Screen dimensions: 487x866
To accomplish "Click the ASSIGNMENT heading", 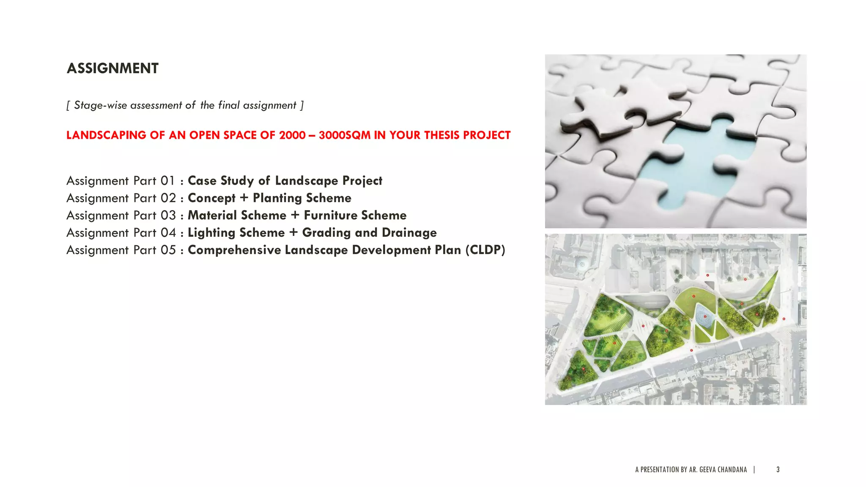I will tap(112, 68).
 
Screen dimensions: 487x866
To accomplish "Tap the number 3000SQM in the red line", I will tap(344, 135).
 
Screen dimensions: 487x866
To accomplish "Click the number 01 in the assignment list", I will tap(167, 181).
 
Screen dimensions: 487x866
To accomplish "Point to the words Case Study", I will tap(220, 181).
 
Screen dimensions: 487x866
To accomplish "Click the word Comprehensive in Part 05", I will tap(234, 250).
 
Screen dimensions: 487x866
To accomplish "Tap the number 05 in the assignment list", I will tap(168, 250).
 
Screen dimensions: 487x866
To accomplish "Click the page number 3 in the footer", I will tap(778, 470).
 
